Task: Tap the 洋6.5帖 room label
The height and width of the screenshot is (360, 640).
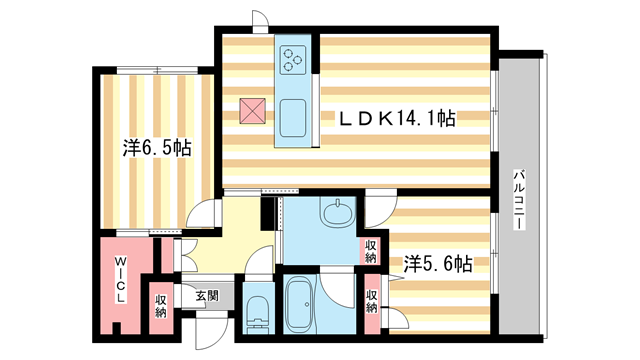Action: click(x=157, y=148)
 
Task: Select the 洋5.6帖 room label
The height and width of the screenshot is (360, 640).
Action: click(x=438, y=264)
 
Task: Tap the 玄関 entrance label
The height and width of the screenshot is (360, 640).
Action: click(x=206, y=295)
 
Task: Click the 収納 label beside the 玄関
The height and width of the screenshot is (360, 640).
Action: click(x=160, y=306)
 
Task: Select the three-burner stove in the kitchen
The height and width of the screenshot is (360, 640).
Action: click(x=293, y=60)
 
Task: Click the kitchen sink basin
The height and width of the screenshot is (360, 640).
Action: click(x=293, y=117)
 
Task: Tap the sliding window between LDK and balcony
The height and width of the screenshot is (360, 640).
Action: click(x=496, y=110)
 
